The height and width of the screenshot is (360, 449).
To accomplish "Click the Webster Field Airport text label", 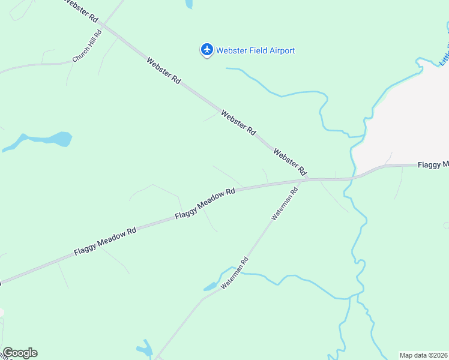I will [256, 51].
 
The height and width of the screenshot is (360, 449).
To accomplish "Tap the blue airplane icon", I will [207, 49].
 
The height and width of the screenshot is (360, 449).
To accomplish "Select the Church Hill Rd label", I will [88, 46].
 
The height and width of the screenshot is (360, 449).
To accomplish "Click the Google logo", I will [20, 353].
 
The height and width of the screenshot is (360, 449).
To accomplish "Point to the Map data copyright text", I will [424, 355].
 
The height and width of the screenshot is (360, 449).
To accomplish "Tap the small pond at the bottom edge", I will [145, 348].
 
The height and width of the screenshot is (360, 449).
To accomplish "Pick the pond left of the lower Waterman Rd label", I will [211, 286].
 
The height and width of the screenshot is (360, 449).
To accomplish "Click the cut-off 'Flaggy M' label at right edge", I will [433, 164].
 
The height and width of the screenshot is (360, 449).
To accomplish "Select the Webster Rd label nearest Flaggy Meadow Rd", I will [291, 161].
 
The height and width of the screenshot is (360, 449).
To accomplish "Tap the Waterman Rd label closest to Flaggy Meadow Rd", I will [285, 205].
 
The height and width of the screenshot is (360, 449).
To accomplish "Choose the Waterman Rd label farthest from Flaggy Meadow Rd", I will [234, 274].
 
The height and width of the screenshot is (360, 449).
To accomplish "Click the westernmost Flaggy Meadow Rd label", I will [106, 242].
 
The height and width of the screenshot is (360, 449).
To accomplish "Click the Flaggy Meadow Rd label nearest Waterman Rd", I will [205, 203].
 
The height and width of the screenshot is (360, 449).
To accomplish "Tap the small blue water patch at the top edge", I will [189, 4].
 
